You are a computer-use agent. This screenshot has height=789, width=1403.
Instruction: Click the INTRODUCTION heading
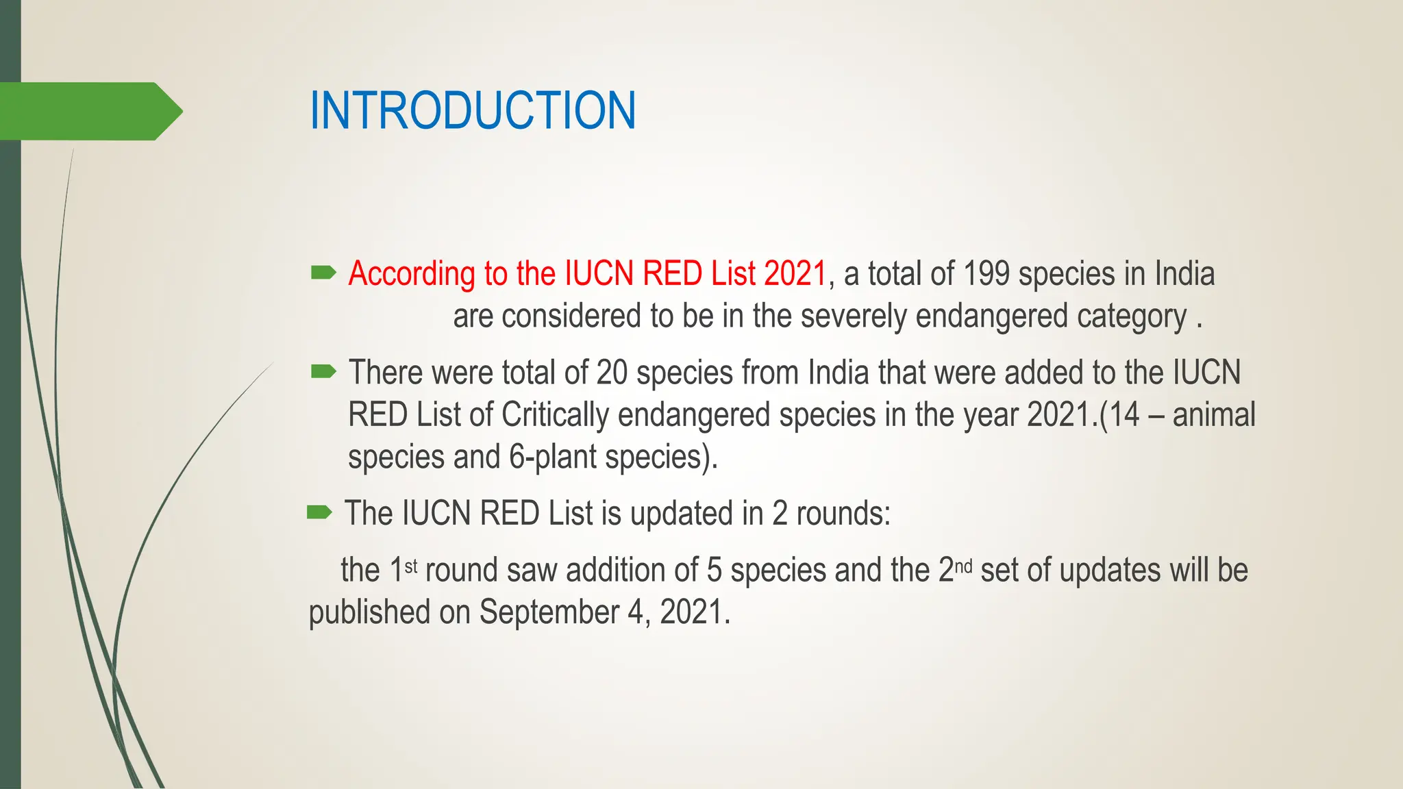coord(473,110)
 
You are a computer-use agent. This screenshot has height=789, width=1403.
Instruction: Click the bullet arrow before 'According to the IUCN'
coord(323,273)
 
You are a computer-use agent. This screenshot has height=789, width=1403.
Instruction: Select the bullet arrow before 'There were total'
coord(323,372)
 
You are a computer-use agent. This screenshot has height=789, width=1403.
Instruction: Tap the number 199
coord(986,274)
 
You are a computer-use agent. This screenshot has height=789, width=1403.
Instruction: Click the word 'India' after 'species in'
coord(1184,274)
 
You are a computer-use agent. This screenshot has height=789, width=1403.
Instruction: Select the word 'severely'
coord(853,316)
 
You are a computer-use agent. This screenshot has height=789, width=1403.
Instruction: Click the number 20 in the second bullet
coord(612,373)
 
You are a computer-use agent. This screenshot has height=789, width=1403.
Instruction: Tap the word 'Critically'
coord(555,415)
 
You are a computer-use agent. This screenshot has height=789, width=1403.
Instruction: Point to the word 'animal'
coord(1214,415)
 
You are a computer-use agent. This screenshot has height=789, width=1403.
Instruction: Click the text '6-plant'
coord(552,457)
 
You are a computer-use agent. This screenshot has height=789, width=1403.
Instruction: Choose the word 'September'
coord(549,612)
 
